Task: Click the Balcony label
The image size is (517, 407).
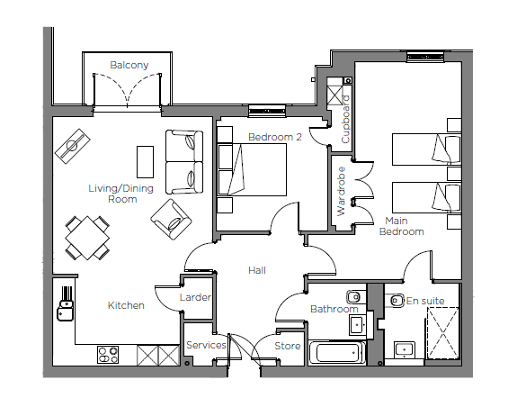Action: tap(129, 65)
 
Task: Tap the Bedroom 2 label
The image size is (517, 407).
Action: tap(275, 137)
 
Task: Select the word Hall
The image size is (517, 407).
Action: tap(257, 270)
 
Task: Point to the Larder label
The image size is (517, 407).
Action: tap(195, 297)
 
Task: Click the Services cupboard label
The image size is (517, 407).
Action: tap(206, 345)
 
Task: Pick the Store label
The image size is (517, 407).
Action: tap(288, 346)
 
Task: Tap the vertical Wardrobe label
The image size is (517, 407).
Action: tap(342, 192)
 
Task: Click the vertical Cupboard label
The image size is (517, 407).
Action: tap(345, 120)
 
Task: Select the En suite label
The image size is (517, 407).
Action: tap(425, 301)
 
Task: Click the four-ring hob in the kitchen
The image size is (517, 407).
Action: tap(108, 355)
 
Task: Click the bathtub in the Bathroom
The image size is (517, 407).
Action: tap(336, 353)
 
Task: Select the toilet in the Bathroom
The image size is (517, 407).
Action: tap(355, 297)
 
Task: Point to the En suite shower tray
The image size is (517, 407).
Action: tap(442, 333)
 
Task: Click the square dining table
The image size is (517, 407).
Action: tap(87, 238)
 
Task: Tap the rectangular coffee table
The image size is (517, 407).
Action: tap(145, 162)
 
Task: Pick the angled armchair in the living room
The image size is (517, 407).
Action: tap(171, 219)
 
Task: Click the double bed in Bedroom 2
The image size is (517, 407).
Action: tap(252, 169)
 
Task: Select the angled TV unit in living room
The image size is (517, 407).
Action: tap(73, 146)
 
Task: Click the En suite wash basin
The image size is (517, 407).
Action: tap(405, 350)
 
